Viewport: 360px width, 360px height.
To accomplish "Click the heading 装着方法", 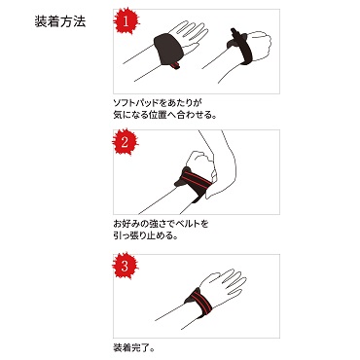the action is pos(60,21).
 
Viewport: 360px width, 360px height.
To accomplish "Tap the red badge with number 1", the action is pos(126,22).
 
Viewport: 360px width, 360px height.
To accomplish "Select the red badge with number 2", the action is pos(126,141).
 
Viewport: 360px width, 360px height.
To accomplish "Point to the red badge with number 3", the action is pos(126,267).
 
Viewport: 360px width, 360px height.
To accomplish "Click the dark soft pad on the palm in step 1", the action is pos(168,50).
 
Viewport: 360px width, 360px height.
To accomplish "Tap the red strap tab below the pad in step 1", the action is pos(175,65).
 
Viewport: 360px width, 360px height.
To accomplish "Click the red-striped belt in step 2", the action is pos(196,184).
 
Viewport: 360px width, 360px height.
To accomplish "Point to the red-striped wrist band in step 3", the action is pos(199,300).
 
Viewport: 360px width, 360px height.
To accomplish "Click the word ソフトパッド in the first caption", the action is pos(136,103).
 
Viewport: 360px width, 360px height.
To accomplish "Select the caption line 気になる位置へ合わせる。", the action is pos(164,115).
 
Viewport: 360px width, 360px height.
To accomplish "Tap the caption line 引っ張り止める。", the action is pos(145,235).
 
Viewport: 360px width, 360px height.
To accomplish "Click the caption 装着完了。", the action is pos(133,348).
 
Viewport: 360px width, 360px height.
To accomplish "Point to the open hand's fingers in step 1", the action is pos(193,32).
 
